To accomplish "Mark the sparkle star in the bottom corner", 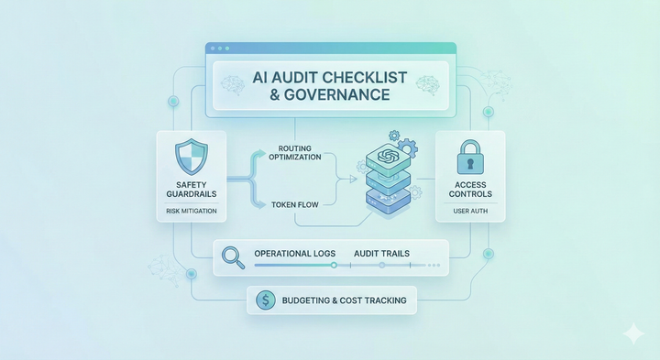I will (632, 334).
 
